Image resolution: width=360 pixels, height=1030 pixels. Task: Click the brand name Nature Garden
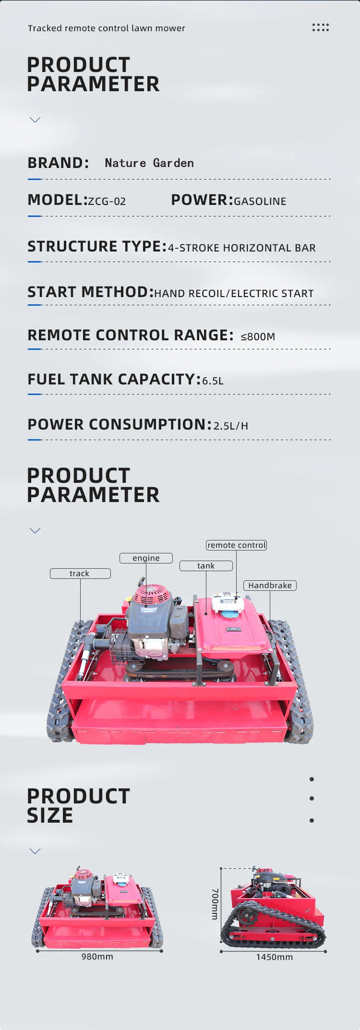tap(149, 163)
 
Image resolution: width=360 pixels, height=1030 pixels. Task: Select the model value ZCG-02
tap(107, 202)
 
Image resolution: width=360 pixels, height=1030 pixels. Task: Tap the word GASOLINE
tap(260, 202)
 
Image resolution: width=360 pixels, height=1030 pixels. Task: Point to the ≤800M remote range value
tap(258, 336)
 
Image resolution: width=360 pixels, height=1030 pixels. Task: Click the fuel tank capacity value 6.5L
tap(213, 381)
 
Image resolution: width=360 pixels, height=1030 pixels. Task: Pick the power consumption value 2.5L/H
tap(231, 426)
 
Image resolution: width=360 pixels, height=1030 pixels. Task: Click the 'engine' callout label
tap(146, 558)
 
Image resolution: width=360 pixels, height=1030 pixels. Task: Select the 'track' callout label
tap(80, 574)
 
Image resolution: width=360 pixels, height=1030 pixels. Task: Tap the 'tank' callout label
tap(206, 566)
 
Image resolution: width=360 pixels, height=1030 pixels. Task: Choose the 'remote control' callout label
tap(236, 545)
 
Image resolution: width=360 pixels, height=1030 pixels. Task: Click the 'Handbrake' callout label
tap(270, 586)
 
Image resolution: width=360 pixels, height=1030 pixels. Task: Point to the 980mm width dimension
tap(97, 957)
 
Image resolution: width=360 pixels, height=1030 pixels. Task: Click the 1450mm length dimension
tap(274, 957)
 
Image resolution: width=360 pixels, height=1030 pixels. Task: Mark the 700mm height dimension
tap(215, 904)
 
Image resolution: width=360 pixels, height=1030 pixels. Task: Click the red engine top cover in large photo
tap(152, 596)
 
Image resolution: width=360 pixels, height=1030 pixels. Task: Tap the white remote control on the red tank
tap(226, 602)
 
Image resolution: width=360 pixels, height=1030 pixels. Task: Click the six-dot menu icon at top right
tap(320, 27)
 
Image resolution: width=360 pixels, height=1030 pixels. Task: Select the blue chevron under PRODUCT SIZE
tap(35, 851)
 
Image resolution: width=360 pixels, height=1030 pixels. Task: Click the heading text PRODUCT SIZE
tap(78, 806)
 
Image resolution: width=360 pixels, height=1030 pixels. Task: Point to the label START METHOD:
tap(90, 292)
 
